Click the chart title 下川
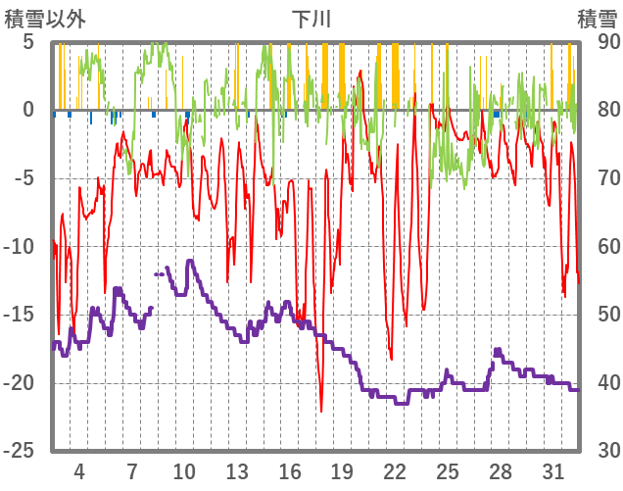click(311, 18)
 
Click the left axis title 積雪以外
click(46, 18)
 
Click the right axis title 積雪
click(597, 18)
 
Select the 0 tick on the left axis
click(28, 111)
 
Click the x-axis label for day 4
click(79, 470)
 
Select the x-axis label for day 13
click(237, 470)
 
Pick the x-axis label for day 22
click(395, 470)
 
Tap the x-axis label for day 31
click(552, 470)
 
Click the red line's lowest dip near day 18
click(321, 411)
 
